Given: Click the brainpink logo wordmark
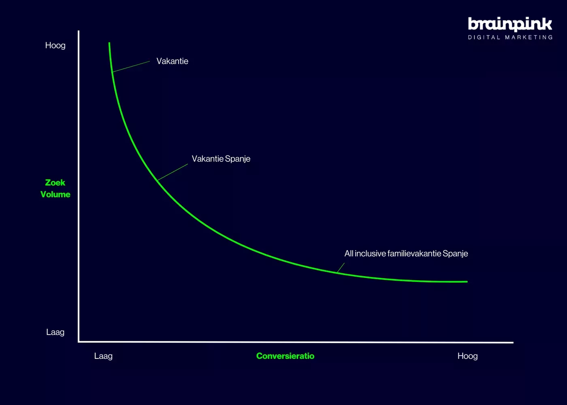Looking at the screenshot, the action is point(510,24).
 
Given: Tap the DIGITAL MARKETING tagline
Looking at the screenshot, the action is point(510,37).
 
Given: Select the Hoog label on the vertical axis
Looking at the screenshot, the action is point(55,45).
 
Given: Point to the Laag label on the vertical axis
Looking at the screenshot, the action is point(55,332).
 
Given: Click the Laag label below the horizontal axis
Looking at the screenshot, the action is point(103,356).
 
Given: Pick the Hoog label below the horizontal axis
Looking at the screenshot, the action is point(467,356).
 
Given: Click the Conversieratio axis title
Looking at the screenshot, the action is point(285,356).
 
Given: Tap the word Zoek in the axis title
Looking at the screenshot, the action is point(55,182).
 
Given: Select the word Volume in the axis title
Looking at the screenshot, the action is point(55,194).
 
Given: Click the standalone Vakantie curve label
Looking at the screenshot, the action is point(173,61).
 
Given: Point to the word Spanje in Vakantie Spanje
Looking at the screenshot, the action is point(237,159).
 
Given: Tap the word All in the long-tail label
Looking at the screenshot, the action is point(349,253).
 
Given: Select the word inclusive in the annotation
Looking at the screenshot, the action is point(370,253).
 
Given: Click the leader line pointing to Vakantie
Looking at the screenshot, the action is point(131,66).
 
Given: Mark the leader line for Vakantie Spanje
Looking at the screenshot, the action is point(173,172).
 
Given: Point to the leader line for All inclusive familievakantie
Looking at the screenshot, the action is point(341,267).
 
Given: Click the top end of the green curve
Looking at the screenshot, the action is point(109,43).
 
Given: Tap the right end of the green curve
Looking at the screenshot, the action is point(467,282).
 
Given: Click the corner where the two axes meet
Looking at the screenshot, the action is point(79,342).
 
